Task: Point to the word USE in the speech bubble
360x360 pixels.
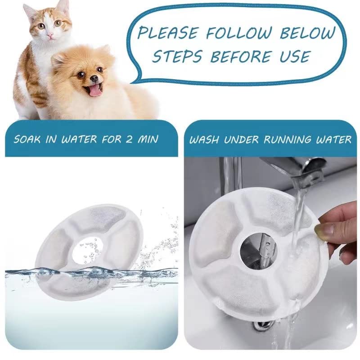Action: pyautogui.click(x=293, y=57)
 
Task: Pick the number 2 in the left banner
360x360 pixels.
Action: pyautogui.click(x=129, y=139)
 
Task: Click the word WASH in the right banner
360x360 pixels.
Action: pyautogui.click(x=204, y=139)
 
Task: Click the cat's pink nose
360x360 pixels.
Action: pyautogui.click(x=49, y=35)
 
